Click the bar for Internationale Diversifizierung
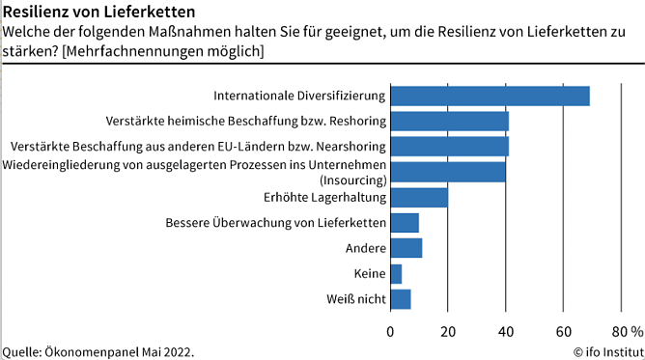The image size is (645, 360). [490, 96]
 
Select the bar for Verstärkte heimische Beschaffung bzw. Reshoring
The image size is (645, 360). [449, 121]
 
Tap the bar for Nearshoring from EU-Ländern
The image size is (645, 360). [449, 146]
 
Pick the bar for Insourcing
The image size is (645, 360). [448, 172]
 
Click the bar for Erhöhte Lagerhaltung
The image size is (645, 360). [419, 197]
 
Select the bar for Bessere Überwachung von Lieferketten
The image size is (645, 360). [405, 223]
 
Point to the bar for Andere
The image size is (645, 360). [406, 248]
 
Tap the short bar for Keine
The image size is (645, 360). [396, 274]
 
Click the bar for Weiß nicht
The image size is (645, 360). [401, 299]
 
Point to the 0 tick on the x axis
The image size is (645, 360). [390, 331]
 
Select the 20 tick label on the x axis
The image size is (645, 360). [448, 331]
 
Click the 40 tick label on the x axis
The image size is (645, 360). [505, 331]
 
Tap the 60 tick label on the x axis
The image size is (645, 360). [563, 331]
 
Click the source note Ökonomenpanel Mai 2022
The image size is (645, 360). [98, 351]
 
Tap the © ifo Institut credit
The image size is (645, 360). [607, 351]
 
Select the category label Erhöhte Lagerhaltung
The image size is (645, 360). [324, 197]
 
